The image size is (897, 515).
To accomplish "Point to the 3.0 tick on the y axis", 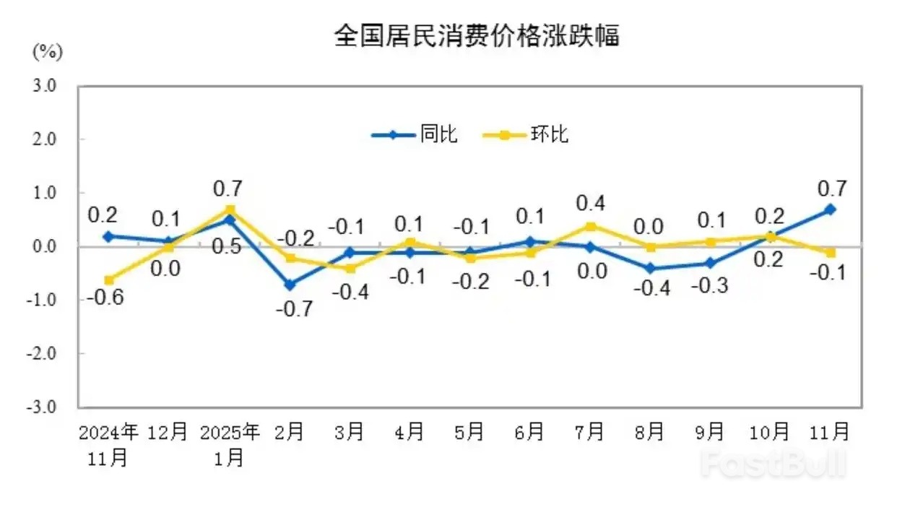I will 45,86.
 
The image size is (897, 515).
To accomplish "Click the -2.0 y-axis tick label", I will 43,353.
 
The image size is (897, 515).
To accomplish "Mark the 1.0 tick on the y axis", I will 45,193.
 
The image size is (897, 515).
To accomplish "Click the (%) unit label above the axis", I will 48,51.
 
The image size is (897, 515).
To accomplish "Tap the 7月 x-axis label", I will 589,432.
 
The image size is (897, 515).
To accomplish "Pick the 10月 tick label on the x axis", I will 770,432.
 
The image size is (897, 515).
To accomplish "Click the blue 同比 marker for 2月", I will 289,285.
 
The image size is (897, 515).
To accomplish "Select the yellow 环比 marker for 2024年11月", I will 108,280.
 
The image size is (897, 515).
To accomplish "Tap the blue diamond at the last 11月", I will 831,209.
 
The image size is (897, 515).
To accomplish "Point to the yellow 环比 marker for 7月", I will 590,226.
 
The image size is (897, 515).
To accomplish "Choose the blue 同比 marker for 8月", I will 650,268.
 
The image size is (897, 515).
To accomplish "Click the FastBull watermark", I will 773,463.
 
